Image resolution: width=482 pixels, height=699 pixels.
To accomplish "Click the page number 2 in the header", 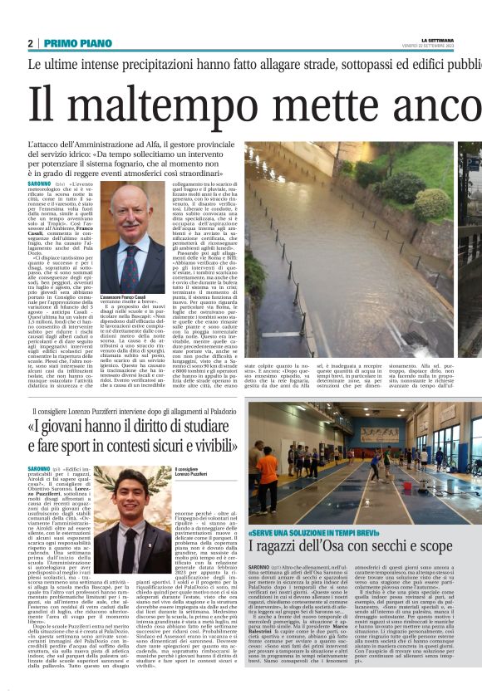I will coord(30,43).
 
